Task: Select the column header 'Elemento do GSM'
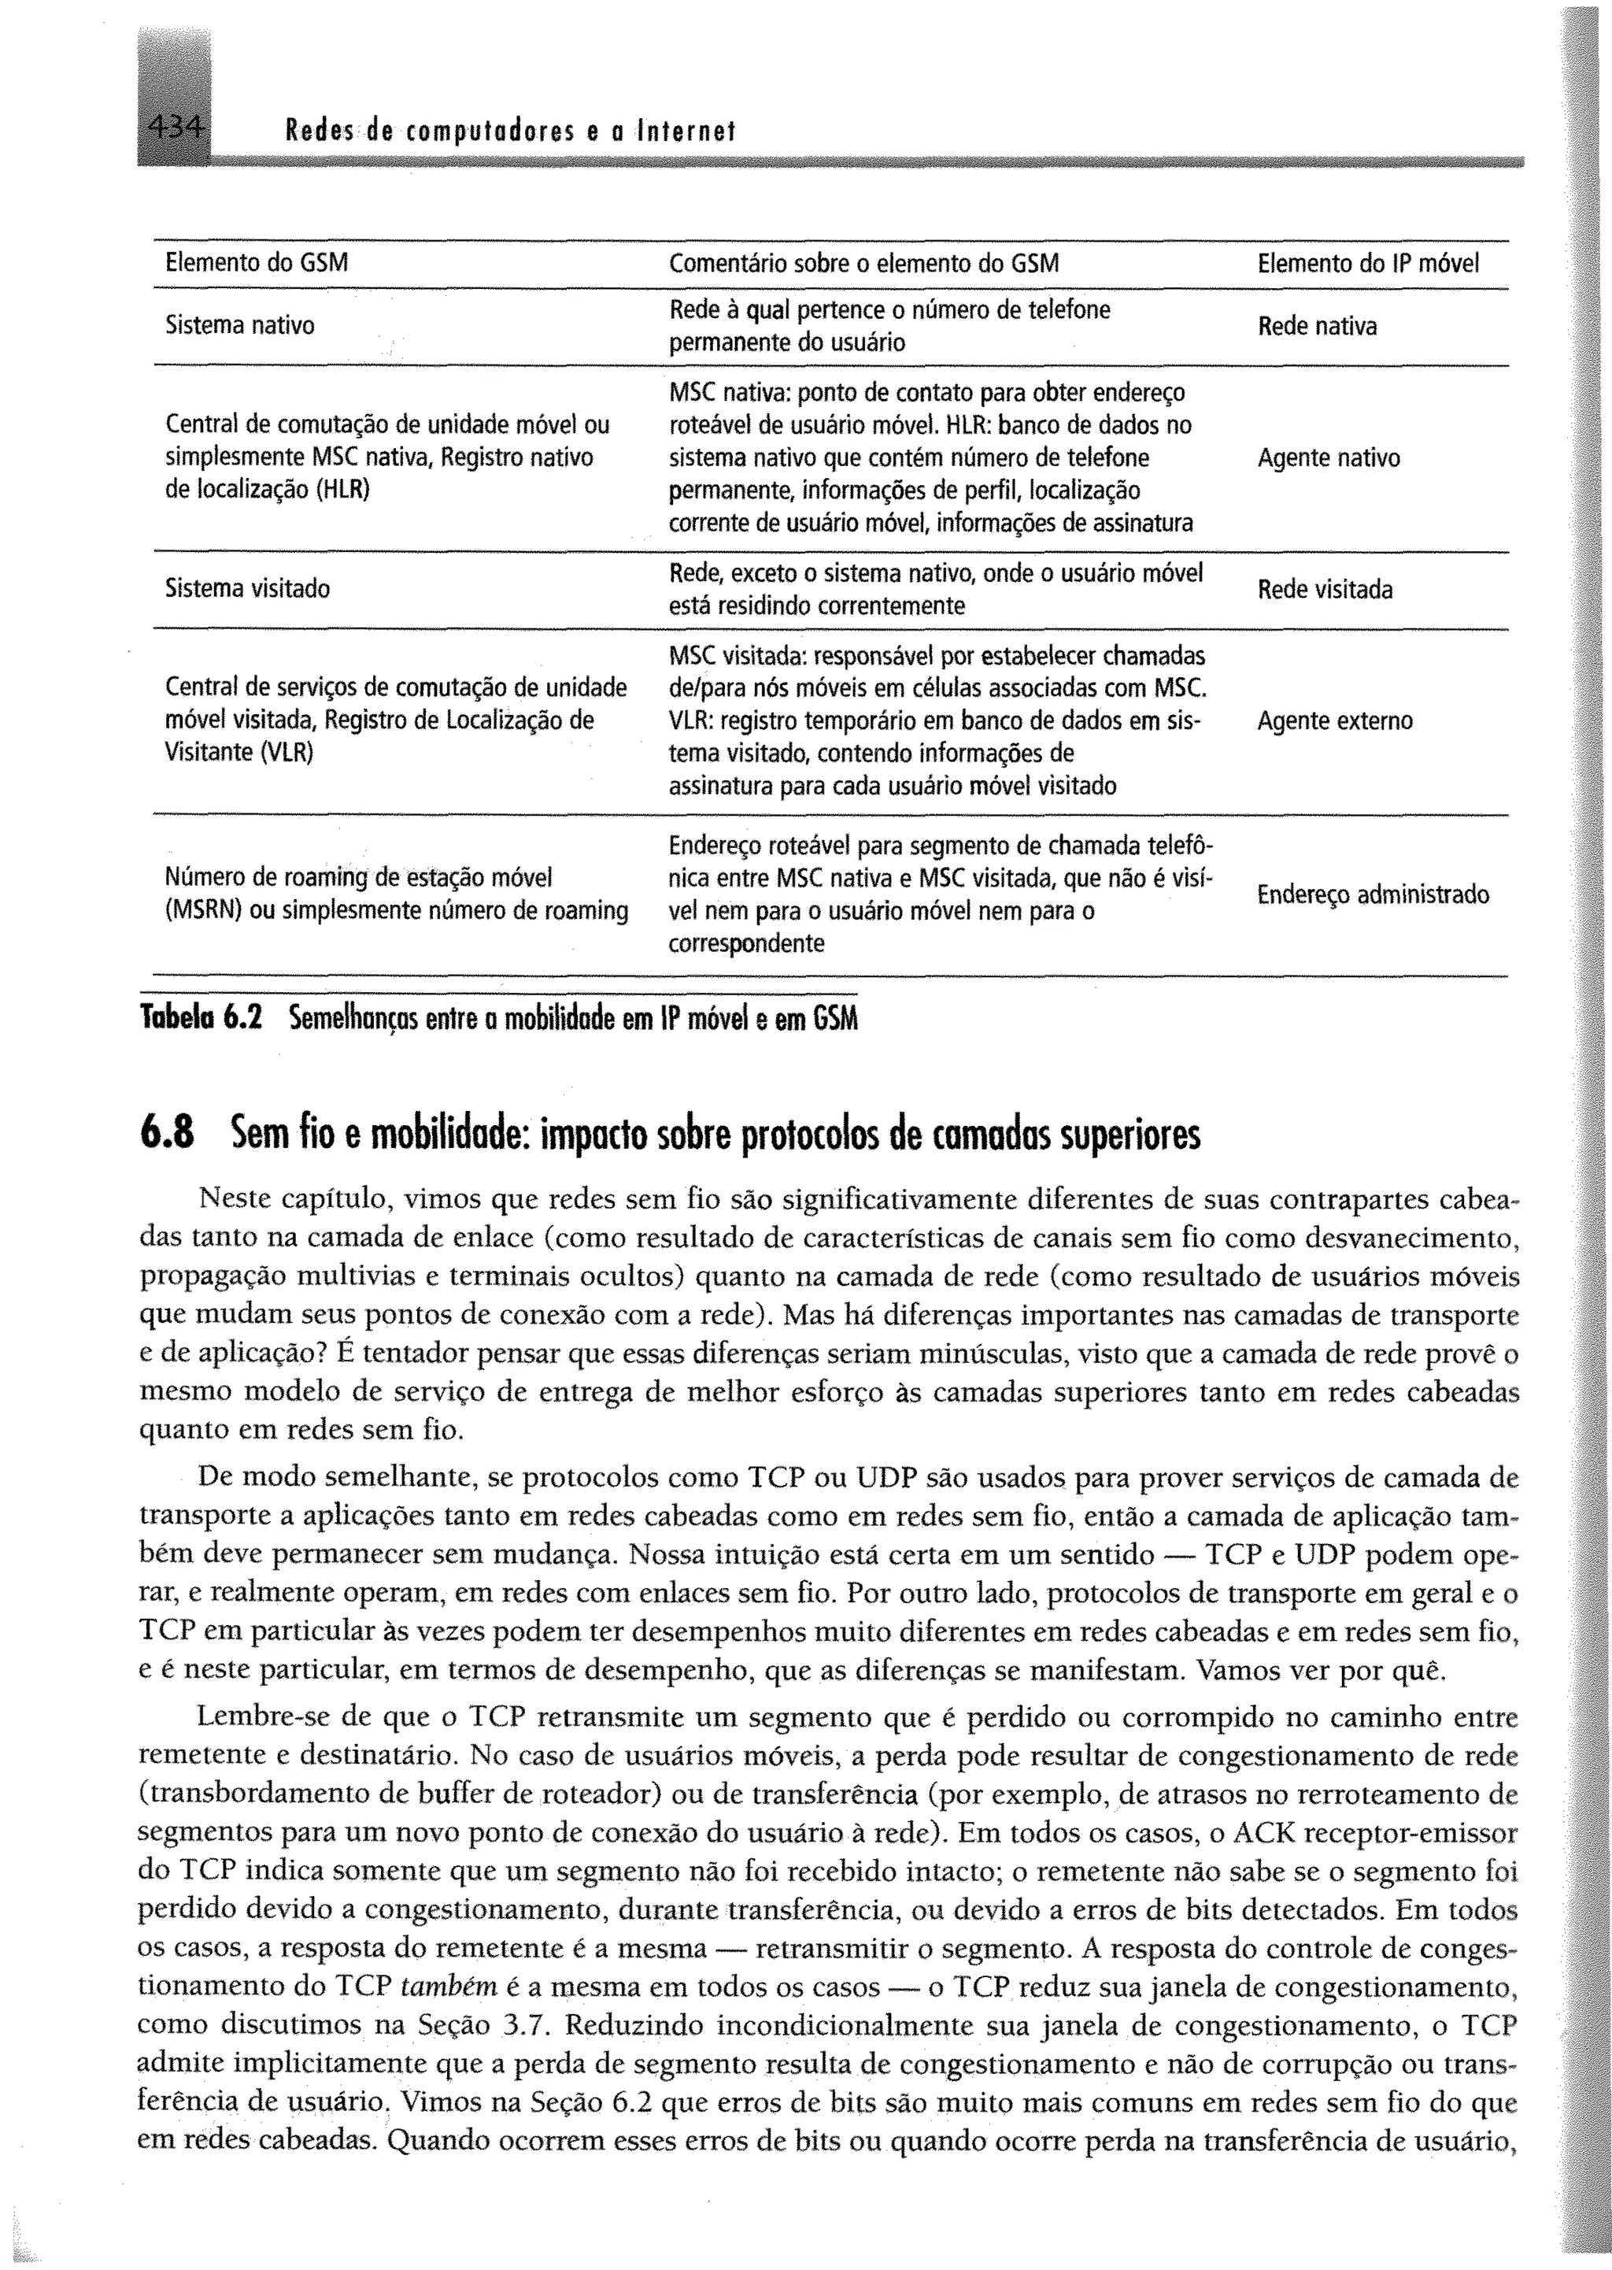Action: pyautogui.click(x=256, y=263)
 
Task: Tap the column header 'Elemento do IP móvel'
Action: pyautogui.click(x=1367, y=263)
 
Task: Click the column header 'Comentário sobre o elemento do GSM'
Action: pyautogui.click(x=863, y=263)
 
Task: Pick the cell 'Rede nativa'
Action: pyautogui.click(x=1316, y=327)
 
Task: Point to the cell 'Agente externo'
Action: pyautogui.click(x=1334, y=721)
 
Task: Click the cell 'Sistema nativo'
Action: pyautogui.click(x=239, y=326)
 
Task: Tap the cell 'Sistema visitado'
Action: pyautogui.click(x=247, y=589)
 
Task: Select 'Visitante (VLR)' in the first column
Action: pyautogui.click(x=238, y=753)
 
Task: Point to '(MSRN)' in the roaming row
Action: pyautogui.click(x=204, y=910)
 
